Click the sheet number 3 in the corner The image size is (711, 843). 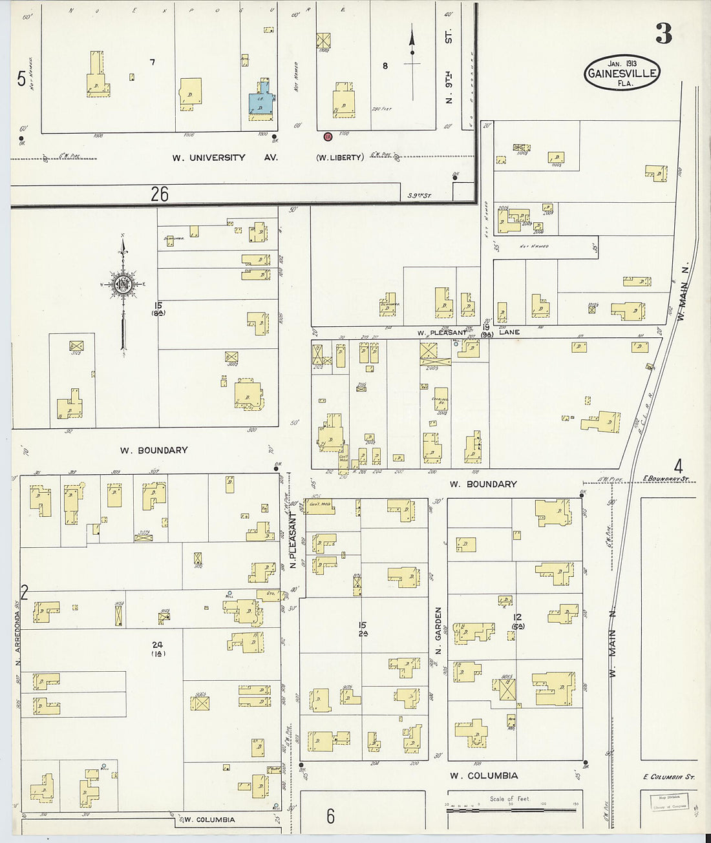point(663,34)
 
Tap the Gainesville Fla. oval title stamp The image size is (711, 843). point(622,73)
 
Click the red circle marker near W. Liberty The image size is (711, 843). point(328,136)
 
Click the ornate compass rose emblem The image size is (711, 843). point(123,284)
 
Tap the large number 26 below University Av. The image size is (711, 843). point(160,193)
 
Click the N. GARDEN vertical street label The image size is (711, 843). point(438,630)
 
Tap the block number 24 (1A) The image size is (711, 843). point(158,648)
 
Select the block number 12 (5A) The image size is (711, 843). point(517,621)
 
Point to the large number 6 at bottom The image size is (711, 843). point(330,817)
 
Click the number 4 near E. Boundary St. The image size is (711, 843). point(678,465)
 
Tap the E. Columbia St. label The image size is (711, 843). point(669,776)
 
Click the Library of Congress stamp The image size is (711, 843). point(669,802)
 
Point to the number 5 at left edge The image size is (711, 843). point(21,79)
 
